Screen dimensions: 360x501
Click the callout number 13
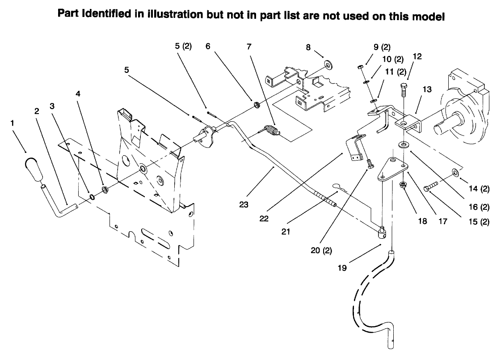(x=426, y=89)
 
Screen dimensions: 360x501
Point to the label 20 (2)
(x=321, y=250)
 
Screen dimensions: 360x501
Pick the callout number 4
(x=78, y=94)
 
